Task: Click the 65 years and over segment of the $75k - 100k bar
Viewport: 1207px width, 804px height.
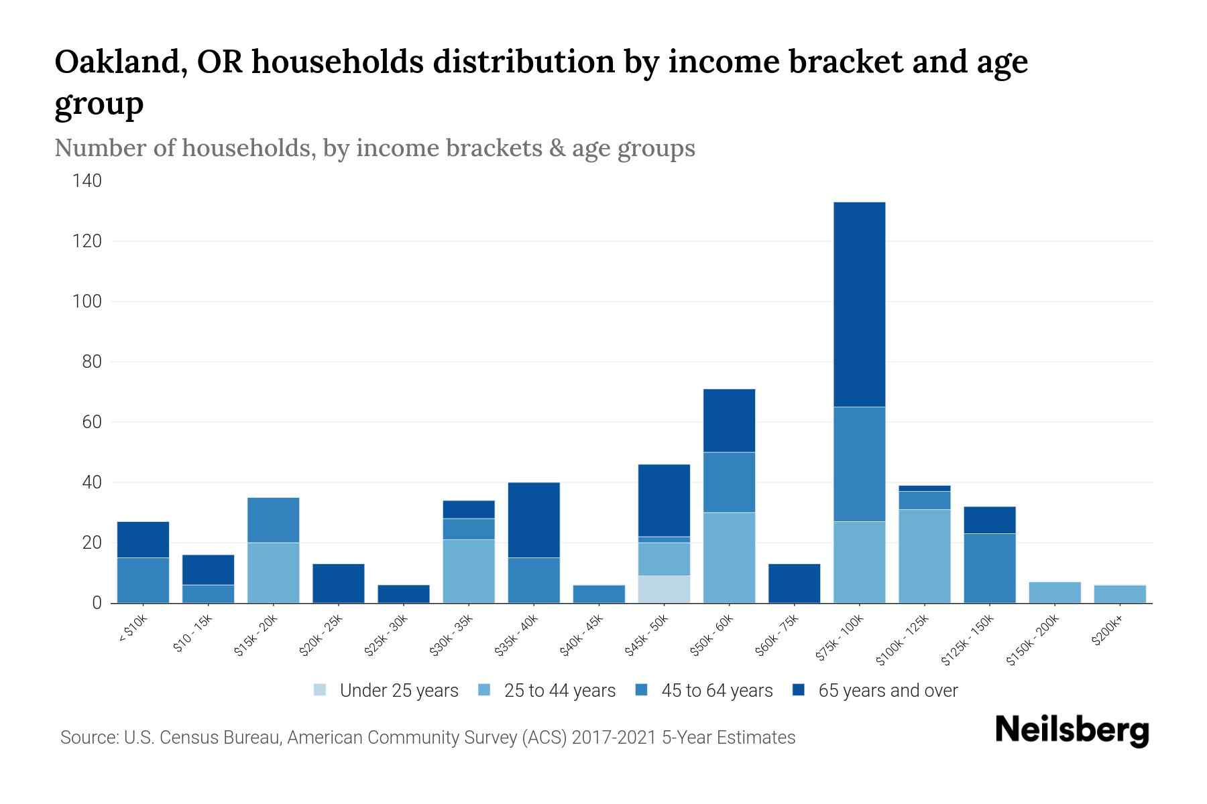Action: (859, 304)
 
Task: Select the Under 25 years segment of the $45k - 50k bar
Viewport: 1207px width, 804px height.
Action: (664, 589)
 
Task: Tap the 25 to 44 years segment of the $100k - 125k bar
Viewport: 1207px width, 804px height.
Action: (924, 556)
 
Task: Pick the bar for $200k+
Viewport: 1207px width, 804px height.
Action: (1119, 594)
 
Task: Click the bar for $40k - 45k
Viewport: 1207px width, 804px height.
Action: (599, 594)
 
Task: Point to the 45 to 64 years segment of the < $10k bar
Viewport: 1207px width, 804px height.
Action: (143, 580)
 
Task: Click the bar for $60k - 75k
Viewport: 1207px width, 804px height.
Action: (794, 583)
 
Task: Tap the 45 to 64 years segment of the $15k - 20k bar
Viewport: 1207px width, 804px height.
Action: (273, 520)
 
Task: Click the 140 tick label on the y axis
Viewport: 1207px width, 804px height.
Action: (87, 181)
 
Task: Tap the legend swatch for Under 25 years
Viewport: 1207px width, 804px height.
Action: (321, 689)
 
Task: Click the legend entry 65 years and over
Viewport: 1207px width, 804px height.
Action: (887, 690)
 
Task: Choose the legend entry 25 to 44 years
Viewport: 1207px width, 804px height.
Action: (559, 690)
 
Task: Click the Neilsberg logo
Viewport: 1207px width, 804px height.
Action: (1072, 730)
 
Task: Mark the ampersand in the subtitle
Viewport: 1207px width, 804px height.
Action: (557, 148)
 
